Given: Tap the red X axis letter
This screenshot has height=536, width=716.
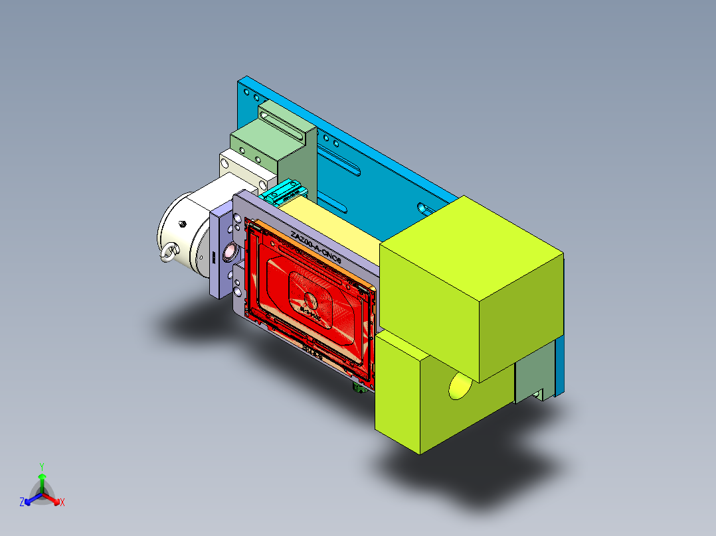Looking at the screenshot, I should coord(62,502).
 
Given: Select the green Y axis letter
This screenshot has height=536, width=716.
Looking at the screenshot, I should coord(41,466).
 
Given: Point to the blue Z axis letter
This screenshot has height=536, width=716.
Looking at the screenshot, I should coord(22,502).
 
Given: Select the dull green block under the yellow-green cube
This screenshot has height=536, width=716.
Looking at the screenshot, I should coord(535,375).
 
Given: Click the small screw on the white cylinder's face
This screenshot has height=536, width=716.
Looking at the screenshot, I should coord(181,223).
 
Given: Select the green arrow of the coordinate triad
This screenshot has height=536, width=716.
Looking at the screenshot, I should coord(42,481).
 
